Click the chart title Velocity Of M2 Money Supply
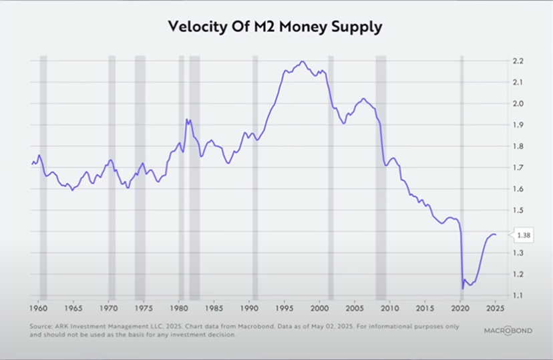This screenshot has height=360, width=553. click(x=276, y=28)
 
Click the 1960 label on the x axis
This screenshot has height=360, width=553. click(x=38, y=309)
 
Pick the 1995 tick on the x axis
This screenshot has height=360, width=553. click(x=285, y=309)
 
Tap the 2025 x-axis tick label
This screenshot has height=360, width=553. click(x=495, y=309)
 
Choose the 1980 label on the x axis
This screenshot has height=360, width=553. click(x=179, y=309)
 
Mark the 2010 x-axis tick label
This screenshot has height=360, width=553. click(x=390, y=309)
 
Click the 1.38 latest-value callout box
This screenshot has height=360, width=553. click(x=524, y=235)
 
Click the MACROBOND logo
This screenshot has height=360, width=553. click(x=508, y=330)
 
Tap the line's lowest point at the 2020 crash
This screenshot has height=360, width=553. click(x=462, y=289)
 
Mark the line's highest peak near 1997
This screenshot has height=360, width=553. click(x=303, y=61)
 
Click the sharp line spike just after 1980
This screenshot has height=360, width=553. click(x=187, y=120)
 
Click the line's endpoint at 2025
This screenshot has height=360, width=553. click(x=496, y=234)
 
